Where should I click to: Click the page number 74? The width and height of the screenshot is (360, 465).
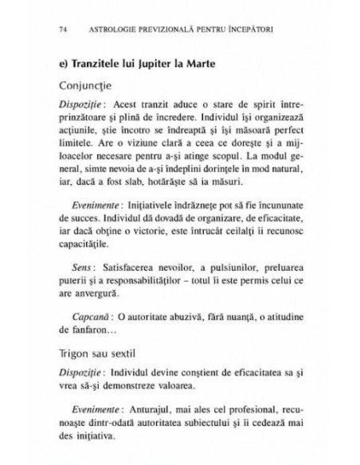tap(63, 31)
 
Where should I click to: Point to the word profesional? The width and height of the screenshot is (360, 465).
tap(240, 407)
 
